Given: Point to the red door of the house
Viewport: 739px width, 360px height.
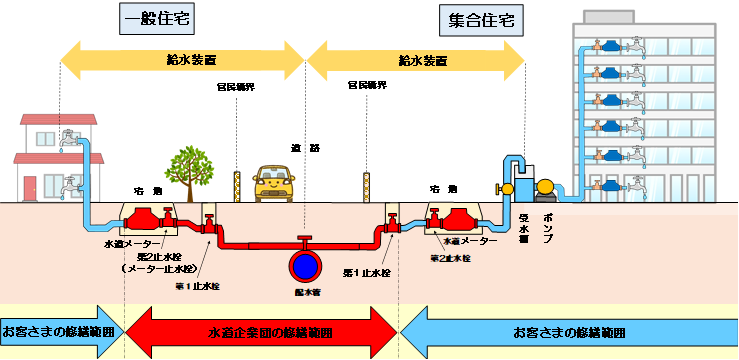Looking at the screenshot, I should [30, 187].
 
